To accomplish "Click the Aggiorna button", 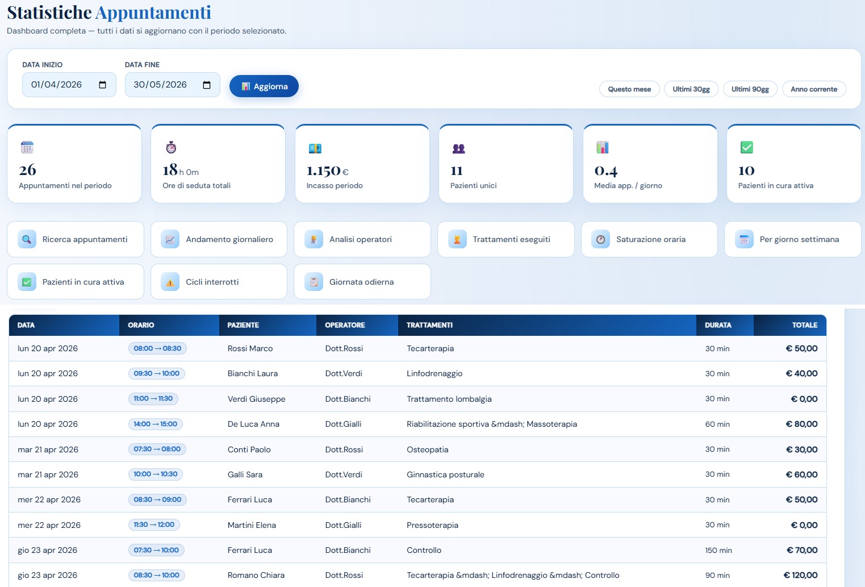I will point(264,86).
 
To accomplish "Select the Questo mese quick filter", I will point(629,89).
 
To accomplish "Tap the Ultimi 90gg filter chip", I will point(750,89).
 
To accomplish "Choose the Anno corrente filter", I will point(814,89).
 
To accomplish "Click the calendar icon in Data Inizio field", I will point(103,85).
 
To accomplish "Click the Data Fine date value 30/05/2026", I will point(160,85).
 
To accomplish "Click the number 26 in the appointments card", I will point(27,170).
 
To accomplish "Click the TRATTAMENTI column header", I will point(429,325).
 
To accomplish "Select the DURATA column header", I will point(718,325).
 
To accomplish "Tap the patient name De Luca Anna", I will point(253,424).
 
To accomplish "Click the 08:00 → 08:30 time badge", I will point(157,348).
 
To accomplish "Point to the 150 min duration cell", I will point(718,550).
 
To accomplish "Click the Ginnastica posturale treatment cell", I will point(445,474).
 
